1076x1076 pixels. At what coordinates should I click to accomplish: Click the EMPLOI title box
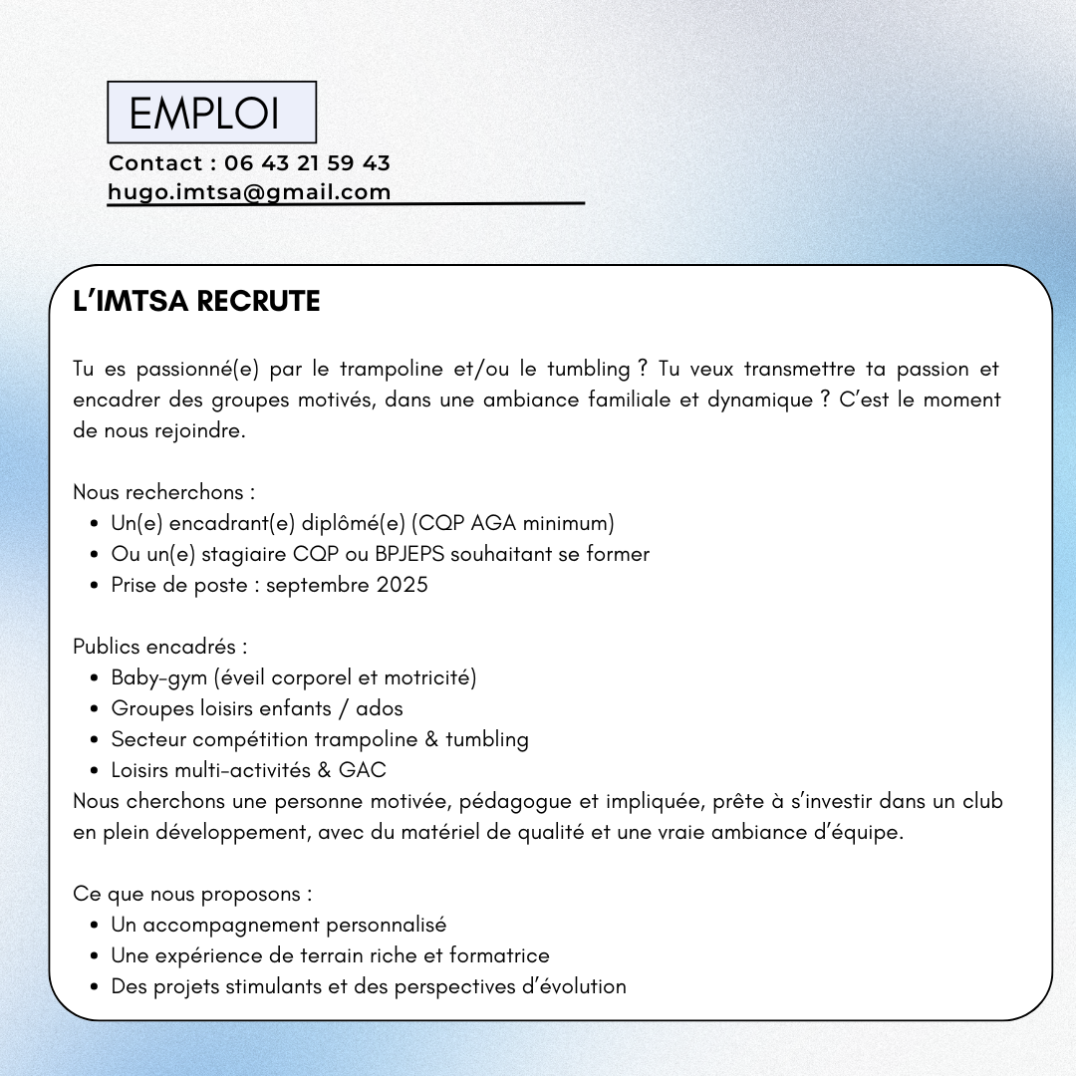(211, 113)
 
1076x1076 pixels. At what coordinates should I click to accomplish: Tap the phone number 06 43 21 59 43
(307, 162)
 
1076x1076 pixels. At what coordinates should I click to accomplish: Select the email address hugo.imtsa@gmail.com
(249, 192)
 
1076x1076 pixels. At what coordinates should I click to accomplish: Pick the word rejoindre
(198, 431)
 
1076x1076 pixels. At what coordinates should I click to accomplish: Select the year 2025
(402, 585)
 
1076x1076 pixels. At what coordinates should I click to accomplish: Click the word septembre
(318, 585)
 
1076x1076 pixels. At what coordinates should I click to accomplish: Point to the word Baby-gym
(158, 678)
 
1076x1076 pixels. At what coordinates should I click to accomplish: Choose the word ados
(380, 709)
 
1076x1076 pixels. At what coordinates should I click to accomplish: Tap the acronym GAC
(362, 770)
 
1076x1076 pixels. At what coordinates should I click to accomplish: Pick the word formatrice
(499, 956)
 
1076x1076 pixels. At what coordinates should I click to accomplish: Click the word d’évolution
(575, 987)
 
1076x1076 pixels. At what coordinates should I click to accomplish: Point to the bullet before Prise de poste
(93, 586)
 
